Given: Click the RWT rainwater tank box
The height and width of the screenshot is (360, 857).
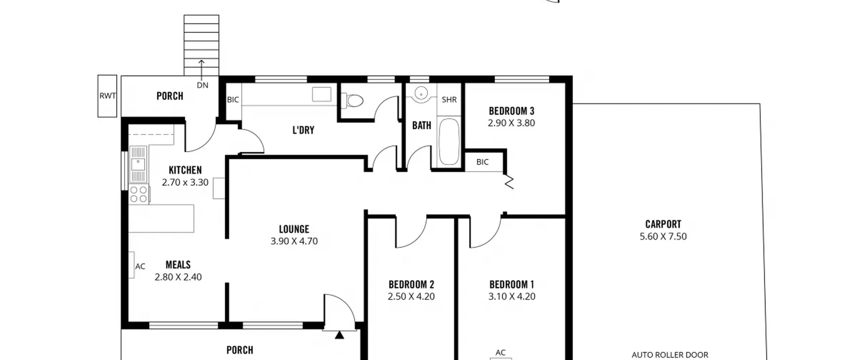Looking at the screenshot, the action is coord(107,96).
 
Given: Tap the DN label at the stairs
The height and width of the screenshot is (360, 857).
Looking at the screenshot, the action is coord(203,85).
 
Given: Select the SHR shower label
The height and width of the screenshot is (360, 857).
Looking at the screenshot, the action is coord(449,99).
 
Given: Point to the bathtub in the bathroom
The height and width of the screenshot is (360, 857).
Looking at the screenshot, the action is coord(449,142).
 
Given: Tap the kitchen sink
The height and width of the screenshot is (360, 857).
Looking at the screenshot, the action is coord(138,164).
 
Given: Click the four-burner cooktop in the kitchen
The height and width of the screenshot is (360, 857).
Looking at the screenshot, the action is coord(139,195).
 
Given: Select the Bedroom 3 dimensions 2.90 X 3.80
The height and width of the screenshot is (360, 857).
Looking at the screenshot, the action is coord(511,123).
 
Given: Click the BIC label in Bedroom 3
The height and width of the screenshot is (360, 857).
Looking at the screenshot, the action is coord(482,162).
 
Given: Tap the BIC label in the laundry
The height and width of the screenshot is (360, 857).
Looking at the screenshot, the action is coord(233,99).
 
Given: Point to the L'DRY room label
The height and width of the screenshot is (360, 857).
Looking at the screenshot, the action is coord(303,130).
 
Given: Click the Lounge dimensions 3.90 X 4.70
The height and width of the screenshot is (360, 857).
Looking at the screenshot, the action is coord(294,241).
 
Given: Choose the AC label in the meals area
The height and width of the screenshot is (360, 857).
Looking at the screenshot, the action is coord(140,267).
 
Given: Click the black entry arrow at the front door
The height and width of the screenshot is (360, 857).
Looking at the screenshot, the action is coord(339,335).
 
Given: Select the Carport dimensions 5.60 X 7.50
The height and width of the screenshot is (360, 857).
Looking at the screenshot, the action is coord(663,236).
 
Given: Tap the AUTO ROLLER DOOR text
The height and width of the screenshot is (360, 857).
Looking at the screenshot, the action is coord(670,355).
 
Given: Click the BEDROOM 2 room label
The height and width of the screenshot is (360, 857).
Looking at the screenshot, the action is coord(411,285).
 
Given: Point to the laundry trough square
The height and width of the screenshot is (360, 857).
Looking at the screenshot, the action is coord(322,94).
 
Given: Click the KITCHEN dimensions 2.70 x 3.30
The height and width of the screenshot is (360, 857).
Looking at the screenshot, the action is coord(185,183).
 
